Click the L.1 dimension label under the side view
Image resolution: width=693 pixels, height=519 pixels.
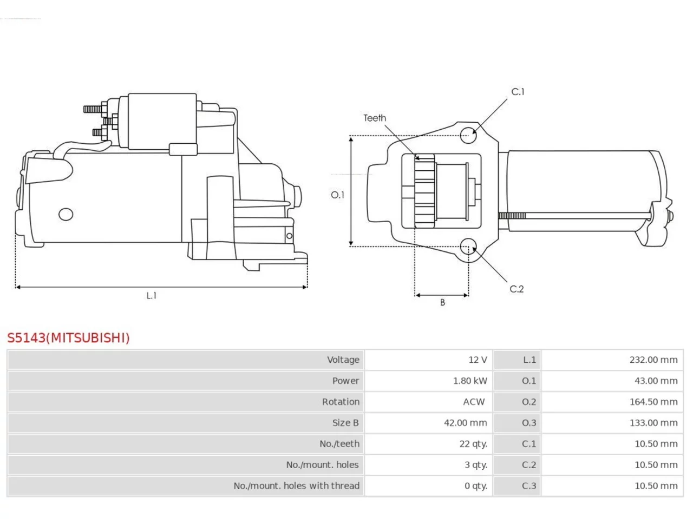point(151,295)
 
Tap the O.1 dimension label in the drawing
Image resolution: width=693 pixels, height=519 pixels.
point(337,195)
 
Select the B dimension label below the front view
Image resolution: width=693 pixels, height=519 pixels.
point(442,302)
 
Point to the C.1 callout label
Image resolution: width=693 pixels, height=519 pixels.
point(518,92)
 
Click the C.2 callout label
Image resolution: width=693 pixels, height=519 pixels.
point(517,289)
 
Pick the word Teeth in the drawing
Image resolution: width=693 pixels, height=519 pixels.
point(375,118)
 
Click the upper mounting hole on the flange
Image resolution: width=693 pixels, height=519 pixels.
point(468,136)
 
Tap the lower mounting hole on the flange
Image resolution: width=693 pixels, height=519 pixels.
point(468,247)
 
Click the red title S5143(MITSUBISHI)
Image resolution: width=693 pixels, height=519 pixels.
point(68,338)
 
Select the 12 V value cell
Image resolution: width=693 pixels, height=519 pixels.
point(478,360)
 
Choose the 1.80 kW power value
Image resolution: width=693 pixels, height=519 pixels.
point(470,381)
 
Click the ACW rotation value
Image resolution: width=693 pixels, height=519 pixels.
point(474,402)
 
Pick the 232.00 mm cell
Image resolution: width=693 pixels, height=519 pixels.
point(653,360)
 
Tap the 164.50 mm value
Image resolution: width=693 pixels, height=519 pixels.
point(653,402)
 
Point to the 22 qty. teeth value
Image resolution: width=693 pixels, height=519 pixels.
point(473,444)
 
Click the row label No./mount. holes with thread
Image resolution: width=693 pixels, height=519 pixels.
point(296,485)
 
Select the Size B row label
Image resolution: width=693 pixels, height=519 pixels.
point(345,423)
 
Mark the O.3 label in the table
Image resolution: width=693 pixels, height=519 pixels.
point(529,423)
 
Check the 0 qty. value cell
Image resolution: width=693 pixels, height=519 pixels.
point(476,485)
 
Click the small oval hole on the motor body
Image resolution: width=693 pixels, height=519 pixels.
point(66,214)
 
